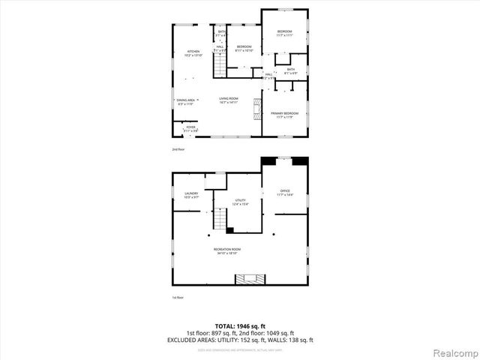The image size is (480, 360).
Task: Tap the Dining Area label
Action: click(x=186, y=101)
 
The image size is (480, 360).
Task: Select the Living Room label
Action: click(x=229, y=100)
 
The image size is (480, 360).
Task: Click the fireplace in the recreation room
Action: click(x=250, y=279)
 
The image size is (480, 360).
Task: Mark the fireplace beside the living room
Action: click(x=257, y=109)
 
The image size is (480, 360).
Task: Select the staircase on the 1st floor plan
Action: click(x=220, y=220)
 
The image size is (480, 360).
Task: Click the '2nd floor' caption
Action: click(x=178, y=149)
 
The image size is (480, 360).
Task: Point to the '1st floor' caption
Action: click(x=178, y=298)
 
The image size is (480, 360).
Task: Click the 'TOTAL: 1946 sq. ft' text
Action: click(x=239, y=327)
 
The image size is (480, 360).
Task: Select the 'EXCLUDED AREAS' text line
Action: click(x=239, y=340)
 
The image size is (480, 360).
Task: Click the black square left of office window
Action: click(x=268, y=160)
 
